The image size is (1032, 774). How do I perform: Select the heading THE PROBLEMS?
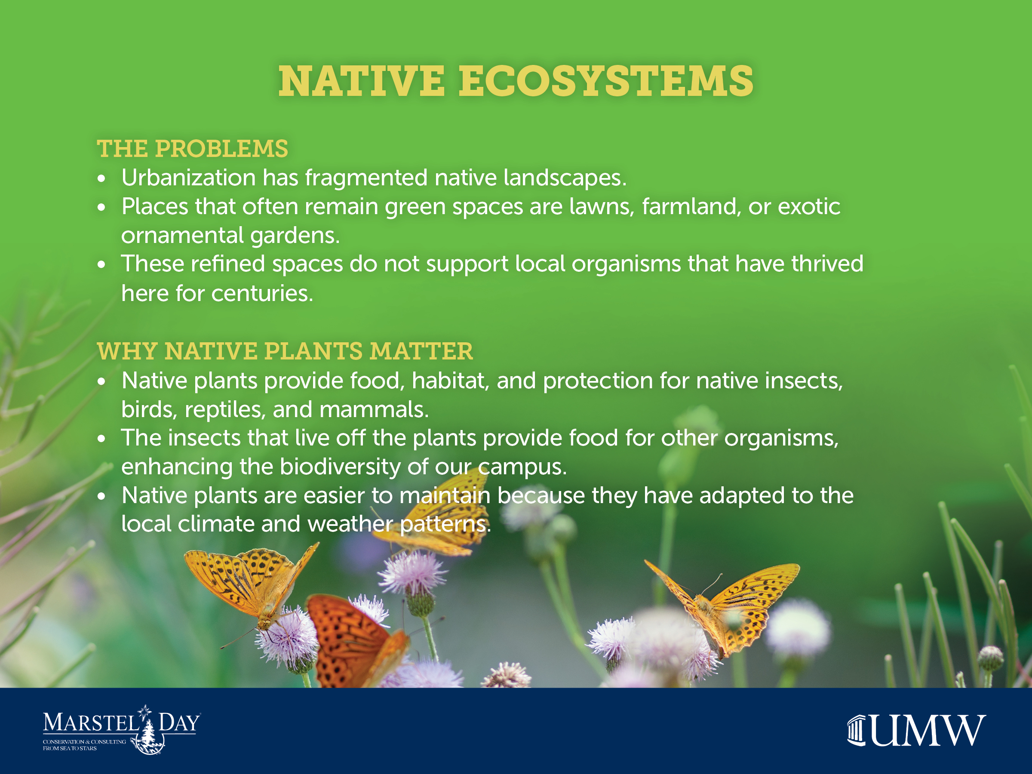coord(192,149)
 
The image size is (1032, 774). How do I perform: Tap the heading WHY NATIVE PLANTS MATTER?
coord(285,351)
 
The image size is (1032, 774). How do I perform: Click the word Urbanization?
coord(188,178)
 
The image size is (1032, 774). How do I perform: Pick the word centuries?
coord(262,293)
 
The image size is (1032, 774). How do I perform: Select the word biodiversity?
coord(340,467)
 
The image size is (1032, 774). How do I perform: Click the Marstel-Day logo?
coord(122,730)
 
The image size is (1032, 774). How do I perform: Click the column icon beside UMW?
coord(857,730)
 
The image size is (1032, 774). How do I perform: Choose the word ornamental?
coord(182,236)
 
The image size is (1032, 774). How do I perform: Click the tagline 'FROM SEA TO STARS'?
coord(70,748)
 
